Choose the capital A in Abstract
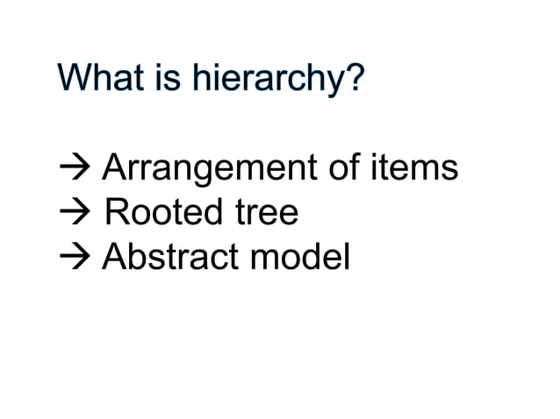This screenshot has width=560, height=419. (114, 257)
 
